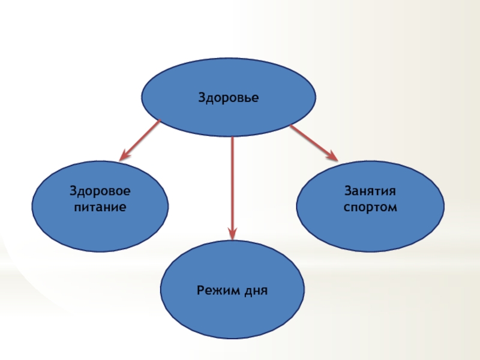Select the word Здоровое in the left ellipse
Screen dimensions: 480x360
pos(100,194)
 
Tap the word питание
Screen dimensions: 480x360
pos(100,208)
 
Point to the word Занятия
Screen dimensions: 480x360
pos(370,193)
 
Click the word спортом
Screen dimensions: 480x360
pos(370,208)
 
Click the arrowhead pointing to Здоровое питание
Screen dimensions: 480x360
pos(125,156)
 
